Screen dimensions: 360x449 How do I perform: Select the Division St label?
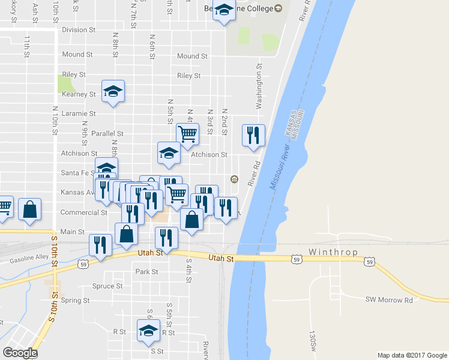coord(79,29)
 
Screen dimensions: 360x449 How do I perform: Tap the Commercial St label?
coord(83,212)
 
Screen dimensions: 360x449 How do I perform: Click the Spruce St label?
coord(107,286)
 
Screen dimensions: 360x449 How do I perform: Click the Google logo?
coord(20,352)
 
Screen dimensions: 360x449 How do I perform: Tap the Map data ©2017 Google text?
coord(412,355)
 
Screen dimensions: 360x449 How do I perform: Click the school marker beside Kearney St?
coord(113,91)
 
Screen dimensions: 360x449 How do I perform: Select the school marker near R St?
coord(149,330)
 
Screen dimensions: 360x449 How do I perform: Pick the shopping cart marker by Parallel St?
coord(188,134)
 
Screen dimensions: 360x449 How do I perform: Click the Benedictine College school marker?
coord(224,11)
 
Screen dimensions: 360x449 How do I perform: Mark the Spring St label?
coord(75,301)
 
